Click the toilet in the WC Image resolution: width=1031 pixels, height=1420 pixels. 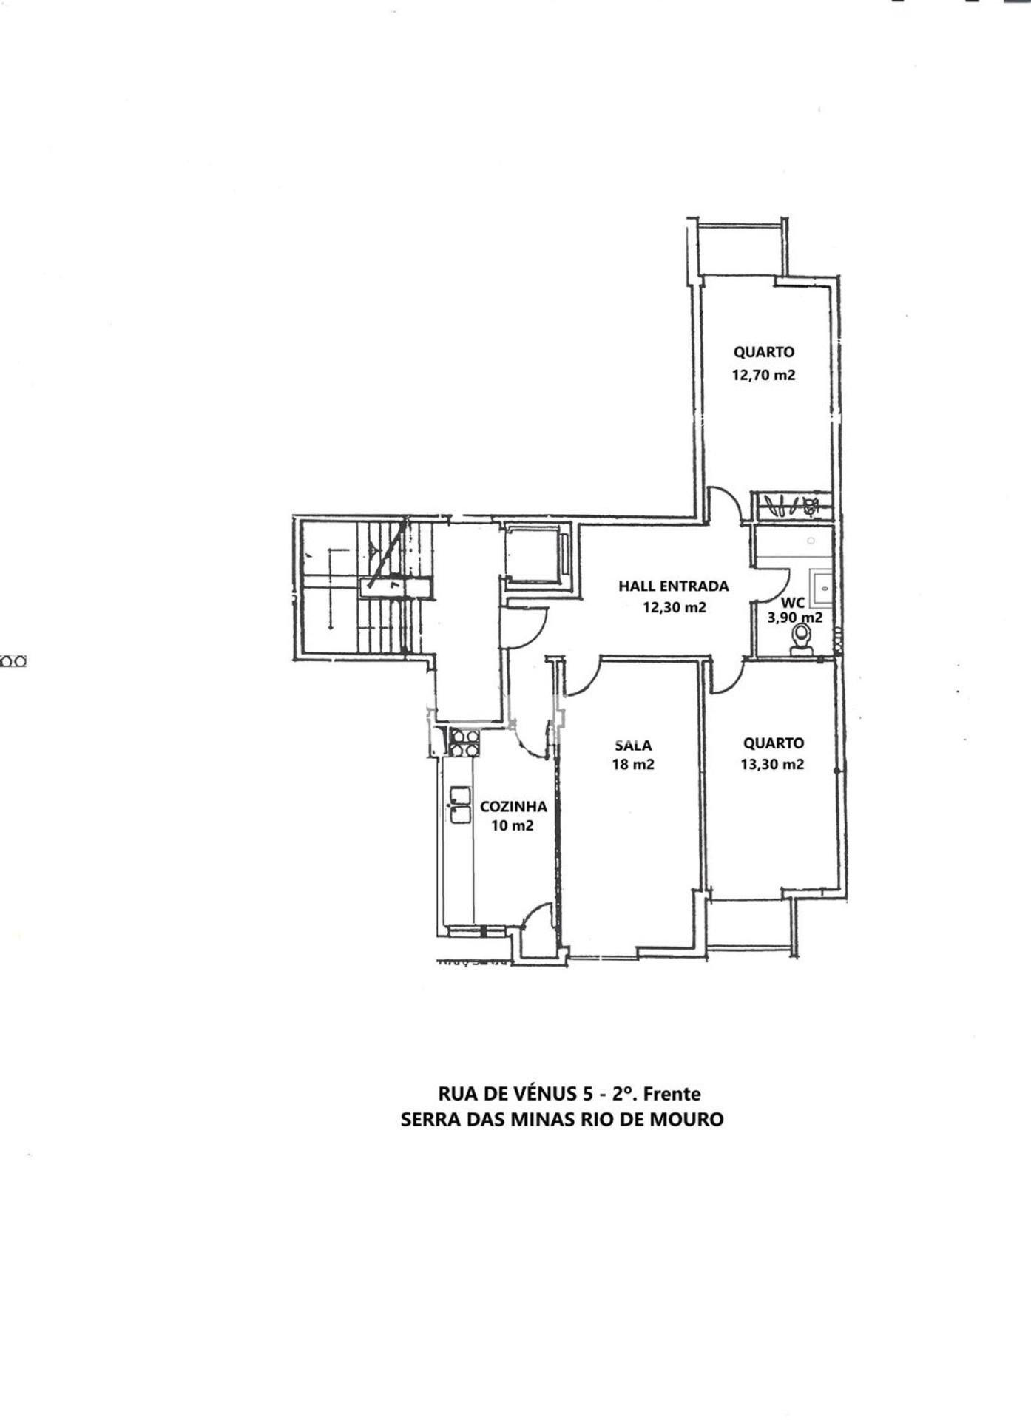pos(800,639)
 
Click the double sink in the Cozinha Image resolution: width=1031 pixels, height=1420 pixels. pos(460,805)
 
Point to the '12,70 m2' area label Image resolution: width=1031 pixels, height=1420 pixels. pos(763,375)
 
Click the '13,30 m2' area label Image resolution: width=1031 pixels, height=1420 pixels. pos(773,765)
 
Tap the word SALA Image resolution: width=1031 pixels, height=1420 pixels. pos(633,745)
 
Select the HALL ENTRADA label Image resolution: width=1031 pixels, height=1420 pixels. pos(674,586)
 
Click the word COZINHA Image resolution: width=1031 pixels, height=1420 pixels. pos(513,807)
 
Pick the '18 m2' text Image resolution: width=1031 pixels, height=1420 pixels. pos(633,765)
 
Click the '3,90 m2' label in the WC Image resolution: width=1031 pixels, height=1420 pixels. pos(795,618)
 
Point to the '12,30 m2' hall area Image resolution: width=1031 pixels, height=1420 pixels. pos(675,608)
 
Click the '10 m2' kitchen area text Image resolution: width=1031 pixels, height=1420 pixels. pos(513,826)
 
